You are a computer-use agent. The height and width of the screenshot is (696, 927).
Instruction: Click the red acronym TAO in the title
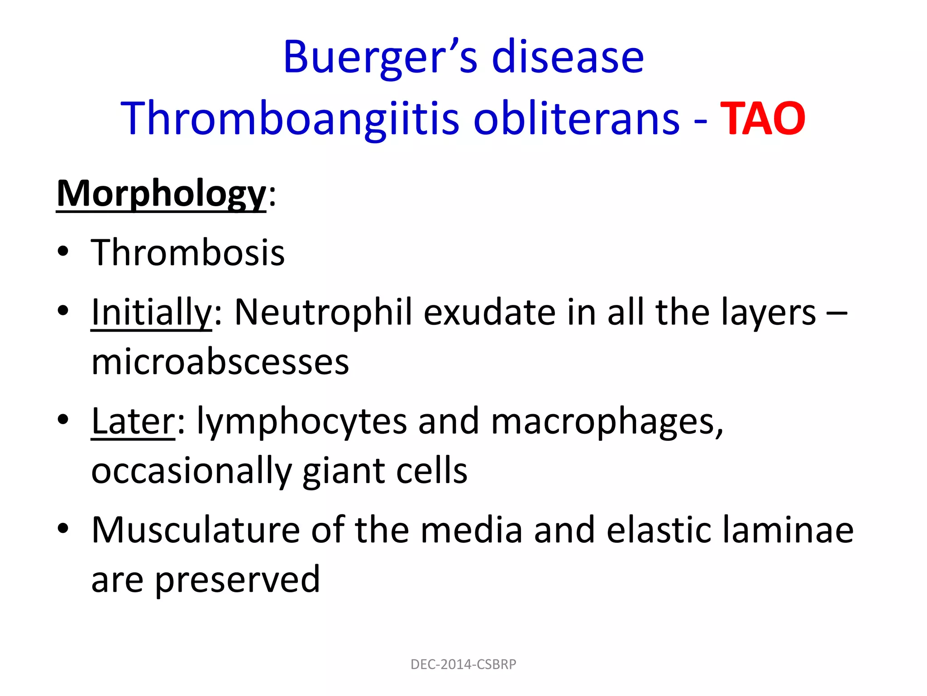[x=762, y=119]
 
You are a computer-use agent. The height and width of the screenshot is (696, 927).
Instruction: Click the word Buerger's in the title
[x=380, y=58]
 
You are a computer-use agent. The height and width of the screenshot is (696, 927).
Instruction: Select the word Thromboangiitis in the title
[x=290, y=119]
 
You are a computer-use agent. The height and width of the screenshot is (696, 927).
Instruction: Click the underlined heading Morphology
[x=161, y=194]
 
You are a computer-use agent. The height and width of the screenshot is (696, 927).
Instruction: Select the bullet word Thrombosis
[x=188, y=253]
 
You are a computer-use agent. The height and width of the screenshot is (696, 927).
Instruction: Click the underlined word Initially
[x=151, y=313]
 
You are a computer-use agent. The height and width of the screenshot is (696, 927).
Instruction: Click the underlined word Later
[x=133, y=421]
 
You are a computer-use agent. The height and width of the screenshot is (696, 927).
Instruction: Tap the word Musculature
[x=196, y=530]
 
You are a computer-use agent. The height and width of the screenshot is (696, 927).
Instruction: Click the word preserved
[x=237, y=580]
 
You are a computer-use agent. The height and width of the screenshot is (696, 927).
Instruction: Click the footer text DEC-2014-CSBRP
[x=463, y=664]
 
